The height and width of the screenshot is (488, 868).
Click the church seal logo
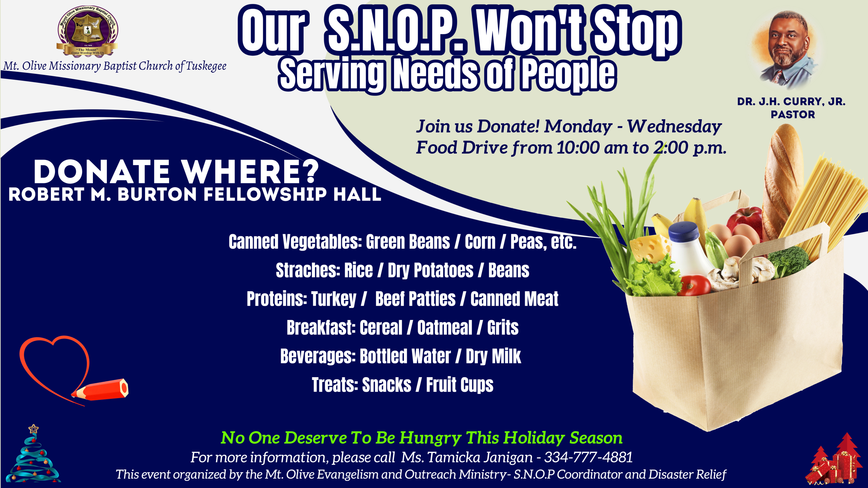coord(87,31)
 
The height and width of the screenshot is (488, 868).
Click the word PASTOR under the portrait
coord(793,115)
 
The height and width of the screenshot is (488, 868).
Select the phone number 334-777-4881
coord(588,457)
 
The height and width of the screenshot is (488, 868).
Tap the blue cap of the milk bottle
coord(684,232)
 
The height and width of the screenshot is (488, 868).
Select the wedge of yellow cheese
coord(649,247)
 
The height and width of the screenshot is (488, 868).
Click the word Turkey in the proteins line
coord(334,299)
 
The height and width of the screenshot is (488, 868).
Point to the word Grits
coord(503,328)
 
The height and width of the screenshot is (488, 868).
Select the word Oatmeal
coord(445,328)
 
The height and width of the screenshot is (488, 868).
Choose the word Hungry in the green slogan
coord(430,438)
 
